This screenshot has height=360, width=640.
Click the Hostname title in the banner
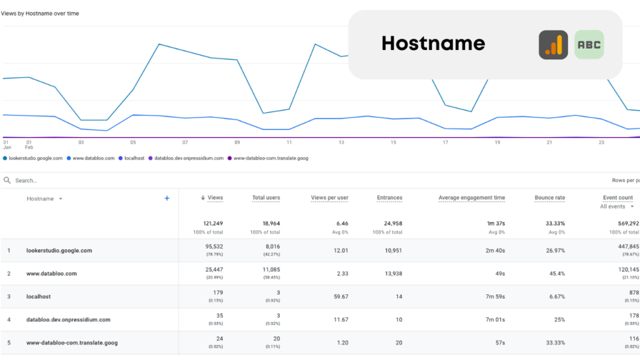[x=433, y=43]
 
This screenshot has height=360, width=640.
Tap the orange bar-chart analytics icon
[x=553, y=45]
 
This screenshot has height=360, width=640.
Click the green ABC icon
[x=589, y=45]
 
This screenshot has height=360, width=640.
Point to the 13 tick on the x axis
[x=341, y=142]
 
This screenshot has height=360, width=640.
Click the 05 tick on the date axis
[x=133, y=142]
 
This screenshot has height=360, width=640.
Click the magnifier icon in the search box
[x=7, y=181]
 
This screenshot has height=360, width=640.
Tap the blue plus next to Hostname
[x=167, y=198]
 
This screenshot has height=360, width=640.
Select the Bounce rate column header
[x=549, y=197]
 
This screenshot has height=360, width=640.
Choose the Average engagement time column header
[x=471, y=197]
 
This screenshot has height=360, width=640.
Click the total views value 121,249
[x=212, y=223]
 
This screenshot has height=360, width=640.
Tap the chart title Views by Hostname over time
[x=40, y=13]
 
